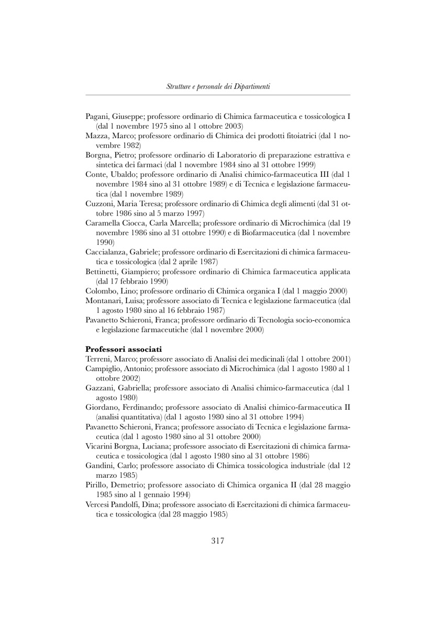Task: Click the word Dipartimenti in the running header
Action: pyautogui.click(x=251, y=86)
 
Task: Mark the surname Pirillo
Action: pyautogui.click(x=97, y=485)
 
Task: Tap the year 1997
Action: pyautogui.click(x=195, y=214)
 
